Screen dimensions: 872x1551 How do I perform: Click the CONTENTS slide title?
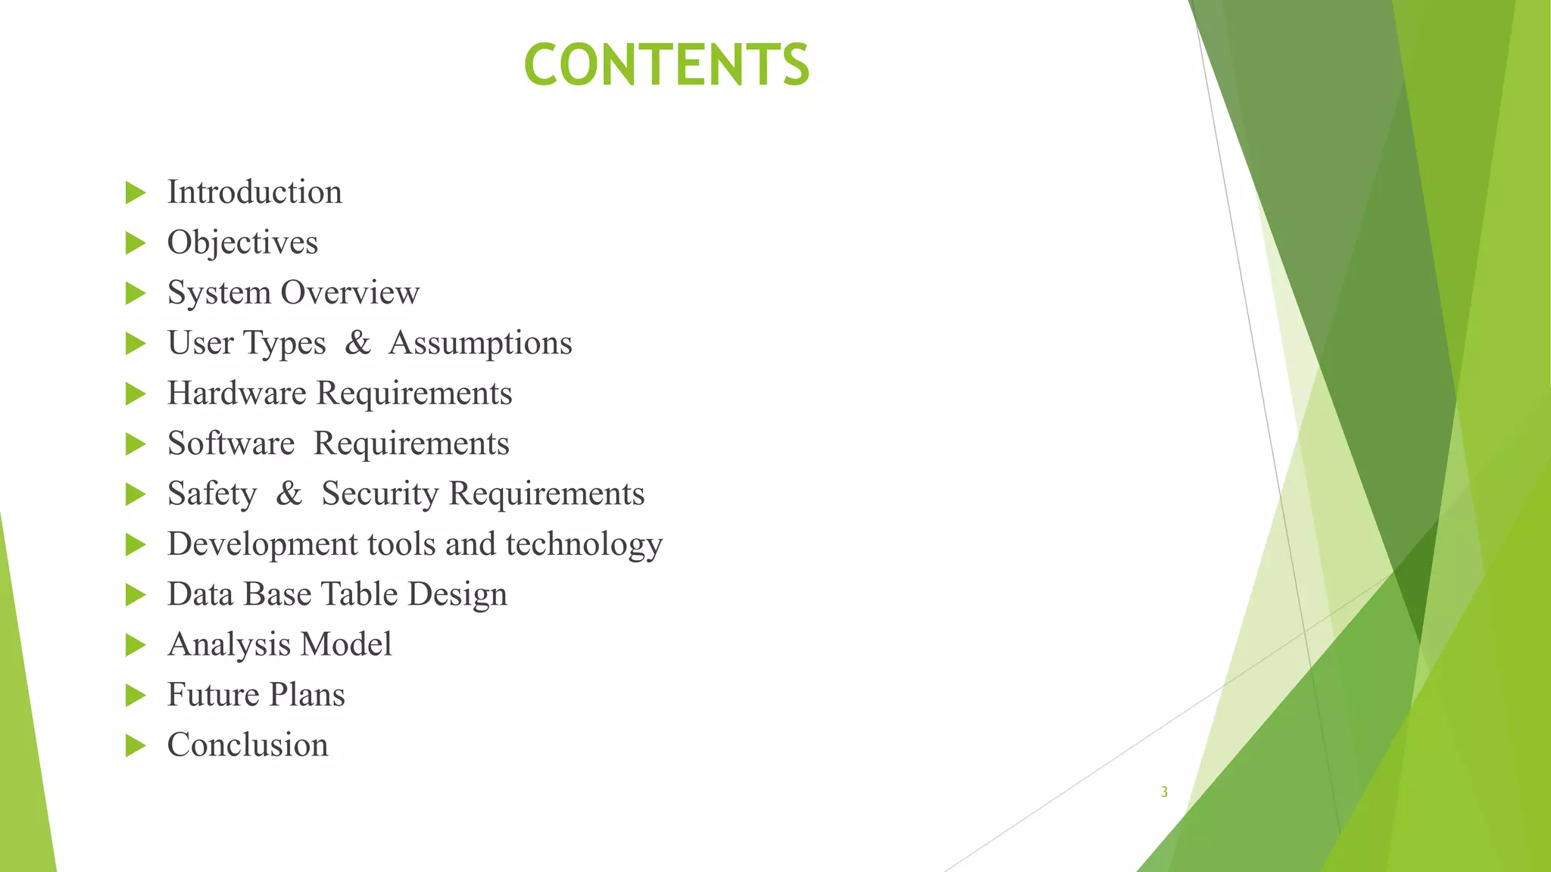point(666,64)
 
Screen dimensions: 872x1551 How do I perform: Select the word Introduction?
point(254,192)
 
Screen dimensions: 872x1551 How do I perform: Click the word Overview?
point(350,293)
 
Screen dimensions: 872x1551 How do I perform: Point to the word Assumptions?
point(480,344)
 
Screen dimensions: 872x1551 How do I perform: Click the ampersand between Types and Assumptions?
point(357,343)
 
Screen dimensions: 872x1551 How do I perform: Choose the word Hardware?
point(236,394)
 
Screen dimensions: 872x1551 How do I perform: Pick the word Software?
point(231,444)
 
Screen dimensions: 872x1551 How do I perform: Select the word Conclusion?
point(248,746)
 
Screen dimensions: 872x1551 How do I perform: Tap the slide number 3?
point(1164,793)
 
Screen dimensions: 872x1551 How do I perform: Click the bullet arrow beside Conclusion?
point(135,746)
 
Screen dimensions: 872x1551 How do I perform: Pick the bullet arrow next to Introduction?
point(135,193)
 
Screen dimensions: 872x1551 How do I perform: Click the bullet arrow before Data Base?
point(135,595)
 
